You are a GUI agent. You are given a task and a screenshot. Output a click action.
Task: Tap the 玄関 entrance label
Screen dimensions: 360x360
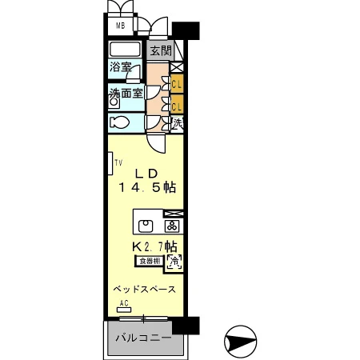coord(160,50)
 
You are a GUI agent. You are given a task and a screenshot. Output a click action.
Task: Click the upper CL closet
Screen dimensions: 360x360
coord(177,82)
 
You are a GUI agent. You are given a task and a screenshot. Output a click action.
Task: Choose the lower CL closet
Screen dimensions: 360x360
coord(177,104)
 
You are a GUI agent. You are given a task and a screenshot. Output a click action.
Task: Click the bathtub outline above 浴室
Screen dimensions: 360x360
coord(126,50)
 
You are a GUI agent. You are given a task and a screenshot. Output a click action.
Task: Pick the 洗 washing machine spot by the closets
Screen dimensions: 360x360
coord(177,123)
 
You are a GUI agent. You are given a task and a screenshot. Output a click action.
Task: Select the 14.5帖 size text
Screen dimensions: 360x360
coord(147,188)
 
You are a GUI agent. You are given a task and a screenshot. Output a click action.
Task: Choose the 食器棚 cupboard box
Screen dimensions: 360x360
coord(149,261)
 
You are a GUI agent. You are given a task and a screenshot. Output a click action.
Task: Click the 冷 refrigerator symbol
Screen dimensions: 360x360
coord(174,261)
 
